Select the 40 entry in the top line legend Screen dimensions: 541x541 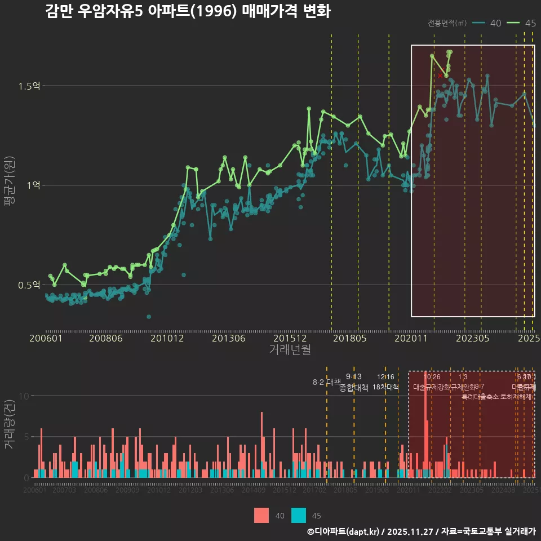point(487,23)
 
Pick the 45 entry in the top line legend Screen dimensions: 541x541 point(521,23)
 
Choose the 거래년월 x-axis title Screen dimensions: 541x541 point(290,349)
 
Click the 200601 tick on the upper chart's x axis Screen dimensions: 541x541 point(46,338)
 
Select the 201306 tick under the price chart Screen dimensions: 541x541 point(229,338)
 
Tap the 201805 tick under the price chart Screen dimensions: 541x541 point(350,338)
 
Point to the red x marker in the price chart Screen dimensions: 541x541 point(440,75)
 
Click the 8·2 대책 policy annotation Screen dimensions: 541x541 point(326,382)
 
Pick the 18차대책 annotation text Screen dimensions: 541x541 point(385,387)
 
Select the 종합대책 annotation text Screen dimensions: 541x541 point(354,387)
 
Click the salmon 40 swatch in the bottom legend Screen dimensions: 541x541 point(261,515)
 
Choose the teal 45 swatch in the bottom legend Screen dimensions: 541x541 point(299,515)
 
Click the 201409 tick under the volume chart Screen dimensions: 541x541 point(254,490)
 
